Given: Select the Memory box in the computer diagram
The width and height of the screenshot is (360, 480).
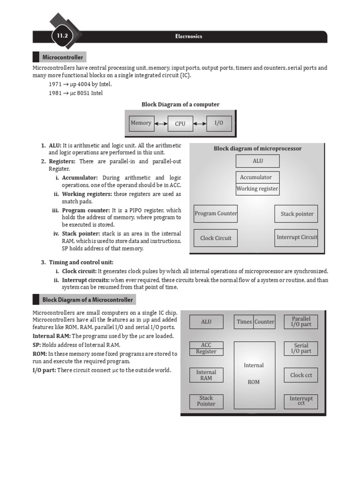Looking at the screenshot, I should tap(141, 123).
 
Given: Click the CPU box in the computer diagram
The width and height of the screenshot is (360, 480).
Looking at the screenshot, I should tap(180, 124).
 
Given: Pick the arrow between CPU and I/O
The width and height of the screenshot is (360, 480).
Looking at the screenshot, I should tap(199, 124).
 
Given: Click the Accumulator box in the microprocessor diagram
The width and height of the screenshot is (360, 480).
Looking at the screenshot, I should tap(257, 177).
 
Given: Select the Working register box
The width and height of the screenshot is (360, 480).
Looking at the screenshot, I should tap(257, 189).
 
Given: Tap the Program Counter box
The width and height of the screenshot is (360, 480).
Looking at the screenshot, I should tap(216, 214).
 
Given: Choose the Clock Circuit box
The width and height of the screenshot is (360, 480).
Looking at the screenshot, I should tap(216, 238).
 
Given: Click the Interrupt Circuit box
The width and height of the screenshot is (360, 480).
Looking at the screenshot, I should tap(297, 237).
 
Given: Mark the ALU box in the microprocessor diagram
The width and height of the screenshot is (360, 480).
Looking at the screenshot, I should tap(257, 161).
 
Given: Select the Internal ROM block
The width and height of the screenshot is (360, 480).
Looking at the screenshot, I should tap(254, 373).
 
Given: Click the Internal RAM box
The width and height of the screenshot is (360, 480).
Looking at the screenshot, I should tap(206, 375).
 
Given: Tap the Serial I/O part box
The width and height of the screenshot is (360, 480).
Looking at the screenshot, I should tap(301, 348).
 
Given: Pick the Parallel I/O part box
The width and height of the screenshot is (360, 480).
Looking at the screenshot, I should tap(301, 322).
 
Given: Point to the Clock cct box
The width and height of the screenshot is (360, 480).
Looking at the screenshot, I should tap(301, 375).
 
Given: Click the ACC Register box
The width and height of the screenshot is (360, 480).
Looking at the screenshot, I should tap(206, 348).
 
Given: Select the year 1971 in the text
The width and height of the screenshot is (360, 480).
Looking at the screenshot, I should tap(55, 84).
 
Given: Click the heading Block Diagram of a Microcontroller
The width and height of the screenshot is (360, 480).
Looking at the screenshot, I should tap(88, 300).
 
